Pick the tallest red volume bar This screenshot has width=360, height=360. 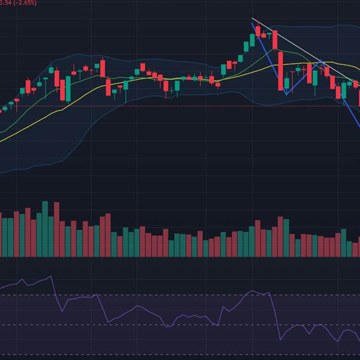point(56,229)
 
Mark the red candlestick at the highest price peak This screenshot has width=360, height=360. point(257,32)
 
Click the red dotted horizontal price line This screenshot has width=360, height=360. point(180,106)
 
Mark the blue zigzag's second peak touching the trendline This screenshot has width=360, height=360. point(322,61)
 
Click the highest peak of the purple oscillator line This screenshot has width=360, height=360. point(51,277)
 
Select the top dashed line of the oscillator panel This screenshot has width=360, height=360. point(150,295)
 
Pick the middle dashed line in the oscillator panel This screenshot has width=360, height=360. point(150,325)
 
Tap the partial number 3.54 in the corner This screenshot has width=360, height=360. point(6,2)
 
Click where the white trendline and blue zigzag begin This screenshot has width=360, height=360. point(252,23)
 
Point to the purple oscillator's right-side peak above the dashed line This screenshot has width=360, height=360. point(252,291)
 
